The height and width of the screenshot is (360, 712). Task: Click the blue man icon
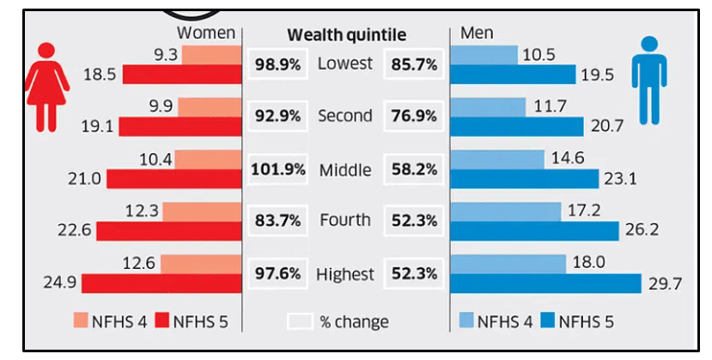tap(649, 84)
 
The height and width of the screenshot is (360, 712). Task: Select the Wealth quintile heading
tap(346, 34)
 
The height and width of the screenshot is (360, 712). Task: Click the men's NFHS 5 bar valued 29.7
tap(545, 284)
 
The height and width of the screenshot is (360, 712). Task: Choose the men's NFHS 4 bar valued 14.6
tap(497, 160)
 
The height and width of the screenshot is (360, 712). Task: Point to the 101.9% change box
tap(277, 169)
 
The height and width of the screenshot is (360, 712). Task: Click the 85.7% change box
tap(413, 64)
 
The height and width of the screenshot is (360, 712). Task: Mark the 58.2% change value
tap(413, 169)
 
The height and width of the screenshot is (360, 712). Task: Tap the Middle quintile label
tap(345, 170)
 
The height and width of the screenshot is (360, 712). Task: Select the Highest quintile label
tap(345, 275)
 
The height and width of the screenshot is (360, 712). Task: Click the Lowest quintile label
tap(345, 64)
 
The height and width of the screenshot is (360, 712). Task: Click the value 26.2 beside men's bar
tap(640, 232)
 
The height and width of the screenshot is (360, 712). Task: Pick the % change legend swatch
tap(300, 322)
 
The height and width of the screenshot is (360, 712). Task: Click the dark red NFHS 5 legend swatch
tap(160, 322)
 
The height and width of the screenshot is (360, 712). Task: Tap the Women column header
tap(205, 33)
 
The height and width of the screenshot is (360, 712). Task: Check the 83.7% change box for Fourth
tap(277, 222)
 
